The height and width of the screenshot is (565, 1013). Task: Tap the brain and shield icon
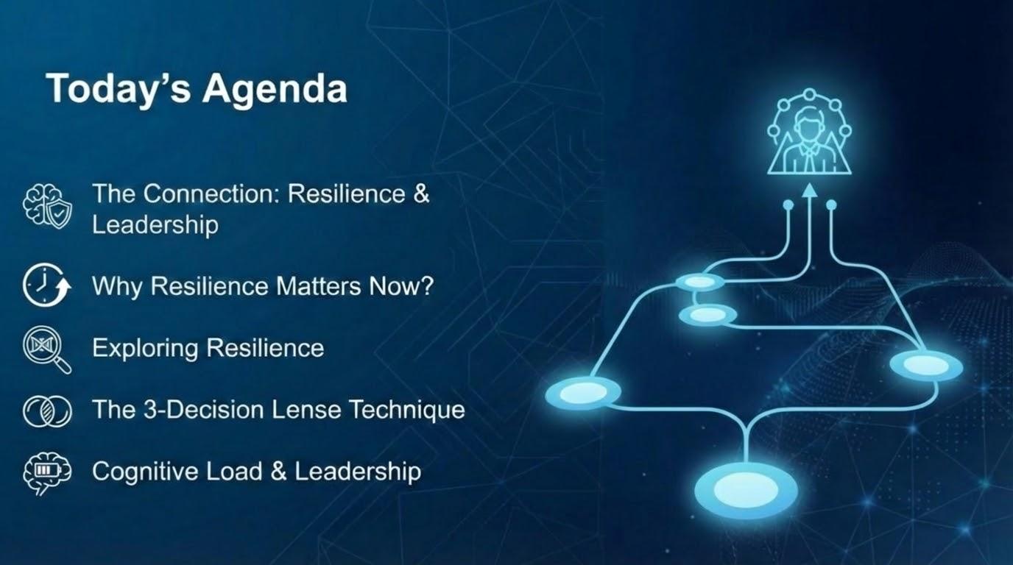[47, 206]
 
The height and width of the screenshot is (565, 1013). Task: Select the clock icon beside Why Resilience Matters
[46, 285]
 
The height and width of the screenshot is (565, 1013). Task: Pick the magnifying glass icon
[47, 349]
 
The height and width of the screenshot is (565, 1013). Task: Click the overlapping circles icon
[47, 411]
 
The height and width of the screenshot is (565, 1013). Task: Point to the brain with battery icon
[47, 473]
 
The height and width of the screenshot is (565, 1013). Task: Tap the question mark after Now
[427, 285]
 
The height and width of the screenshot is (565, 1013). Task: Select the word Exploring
[146, 349]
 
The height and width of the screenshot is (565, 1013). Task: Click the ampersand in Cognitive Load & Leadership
[278, 471]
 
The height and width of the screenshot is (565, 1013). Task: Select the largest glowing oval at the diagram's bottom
[746, 491]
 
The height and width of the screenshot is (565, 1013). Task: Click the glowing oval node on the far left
[583, 392]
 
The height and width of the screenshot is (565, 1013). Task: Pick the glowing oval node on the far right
[926, 366]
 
